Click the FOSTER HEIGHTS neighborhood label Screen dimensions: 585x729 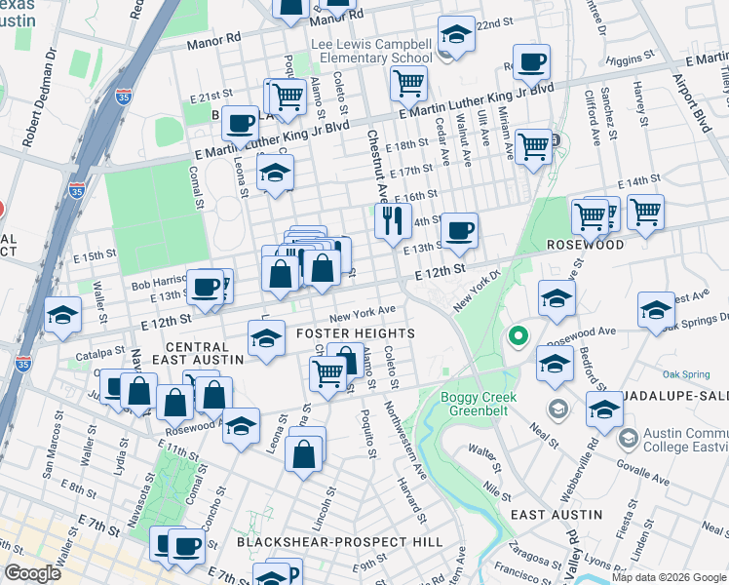pos(364,333)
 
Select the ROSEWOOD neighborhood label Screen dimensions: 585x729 pos(585,245)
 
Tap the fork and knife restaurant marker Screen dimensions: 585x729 pos(394,220)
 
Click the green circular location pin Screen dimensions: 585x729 pos(518,337)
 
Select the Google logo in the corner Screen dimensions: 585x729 pos(32,573)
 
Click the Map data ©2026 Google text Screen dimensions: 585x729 pos(668,577)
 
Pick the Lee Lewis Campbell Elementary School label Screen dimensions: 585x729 pos(371,51)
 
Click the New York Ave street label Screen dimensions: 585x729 pos(362,312)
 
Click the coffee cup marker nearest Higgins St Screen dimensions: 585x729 pos(531,63)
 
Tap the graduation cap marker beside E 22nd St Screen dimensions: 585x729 pos(454,36)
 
